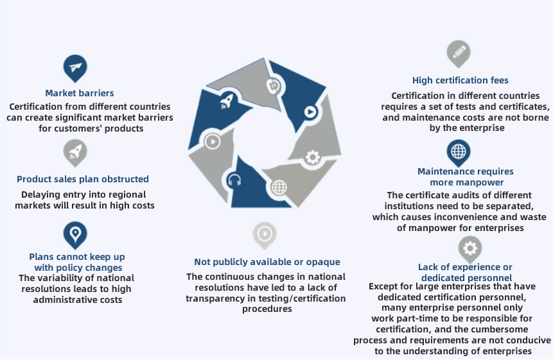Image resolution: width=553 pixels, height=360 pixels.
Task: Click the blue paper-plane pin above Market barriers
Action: tap(75, 67)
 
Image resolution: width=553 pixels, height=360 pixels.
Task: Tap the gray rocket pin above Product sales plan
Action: tap(75, 152)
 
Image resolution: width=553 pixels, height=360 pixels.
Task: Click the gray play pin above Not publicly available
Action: tap(265, 234)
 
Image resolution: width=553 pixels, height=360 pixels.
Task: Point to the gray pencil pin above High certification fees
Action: tap(459, 53)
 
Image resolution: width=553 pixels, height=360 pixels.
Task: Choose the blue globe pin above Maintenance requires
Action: tap(459, 152)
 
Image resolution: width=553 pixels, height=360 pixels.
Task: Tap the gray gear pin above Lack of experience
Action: tap(470, 248)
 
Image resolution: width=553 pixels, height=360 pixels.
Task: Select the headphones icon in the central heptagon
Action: tap(234, 181)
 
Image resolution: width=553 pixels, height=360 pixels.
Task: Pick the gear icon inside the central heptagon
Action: tap(312, 157)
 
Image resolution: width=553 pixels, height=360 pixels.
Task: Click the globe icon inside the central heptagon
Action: tap(278, 187)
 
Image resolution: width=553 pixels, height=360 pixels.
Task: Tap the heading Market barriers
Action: tap(80, 93)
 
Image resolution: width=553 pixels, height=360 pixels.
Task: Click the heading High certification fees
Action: tap(460, 80)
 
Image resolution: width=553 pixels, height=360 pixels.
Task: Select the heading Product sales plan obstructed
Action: tap(83, 179)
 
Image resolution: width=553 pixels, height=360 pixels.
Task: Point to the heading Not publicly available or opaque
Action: tap(267, 262)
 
